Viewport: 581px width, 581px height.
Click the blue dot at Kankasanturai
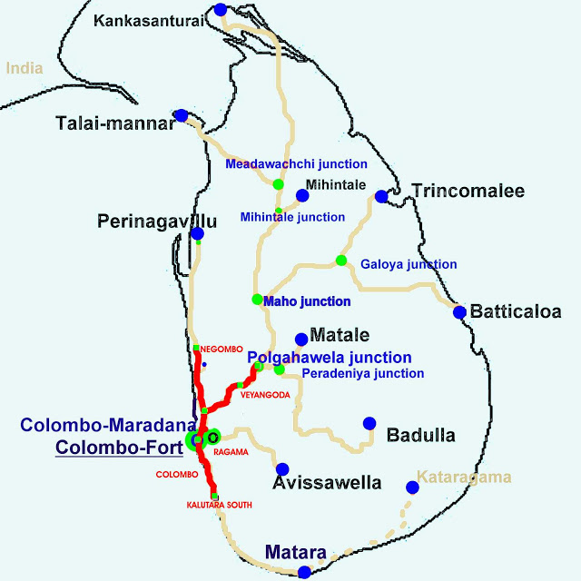click(221, 10)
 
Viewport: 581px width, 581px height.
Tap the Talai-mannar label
click(114, 123)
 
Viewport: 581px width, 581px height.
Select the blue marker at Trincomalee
click(381, 196)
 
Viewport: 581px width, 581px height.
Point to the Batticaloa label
click(516, 311)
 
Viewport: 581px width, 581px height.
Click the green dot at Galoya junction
click(341, 261)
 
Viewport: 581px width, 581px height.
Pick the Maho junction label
click(307, 300)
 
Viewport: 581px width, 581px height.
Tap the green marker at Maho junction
click(257, 300)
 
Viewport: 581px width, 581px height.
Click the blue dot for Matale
click(301, 339)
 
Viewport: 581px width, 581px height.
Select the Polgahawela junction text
click(330, 358)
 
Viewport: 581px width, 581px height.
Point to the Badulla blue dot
click(369, 423)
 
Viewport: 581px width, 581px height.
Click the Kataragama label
click(464, 477)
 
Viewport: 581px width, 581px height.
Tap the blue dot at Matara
click(304, 572)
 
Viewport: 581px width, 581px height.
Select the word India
click(25, 67)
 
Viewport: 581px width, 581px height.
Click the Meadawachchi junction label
click(296, 164)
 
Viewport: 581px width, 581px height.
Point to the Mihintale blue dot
click(302, 195)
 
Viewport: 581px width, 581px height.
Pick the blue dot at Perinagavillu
click(197, 234)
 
